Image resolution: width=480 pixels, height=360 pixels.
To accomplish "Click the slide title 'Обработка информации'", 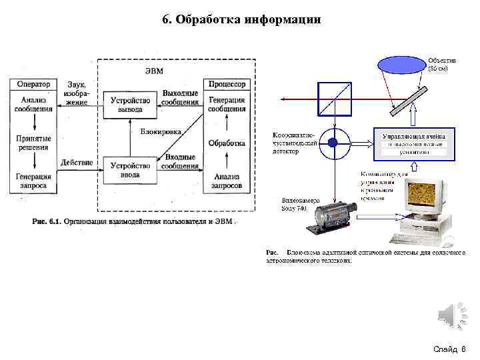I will (241, 19).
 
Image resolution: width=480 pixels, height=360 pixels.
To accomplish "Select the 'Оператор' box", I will (34, 85).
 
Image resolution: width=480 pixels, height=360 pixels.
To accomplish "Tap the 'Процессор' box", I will (227, 85).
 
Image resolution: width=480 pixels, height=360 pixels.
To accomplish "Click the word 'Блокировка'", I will (160, 132).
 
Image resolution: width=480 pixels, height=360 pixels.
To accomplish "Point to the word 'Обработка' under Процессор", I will (227, 143).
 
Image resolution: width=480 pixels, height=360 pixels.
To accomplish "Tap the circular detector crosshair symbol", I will (334, 143).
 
